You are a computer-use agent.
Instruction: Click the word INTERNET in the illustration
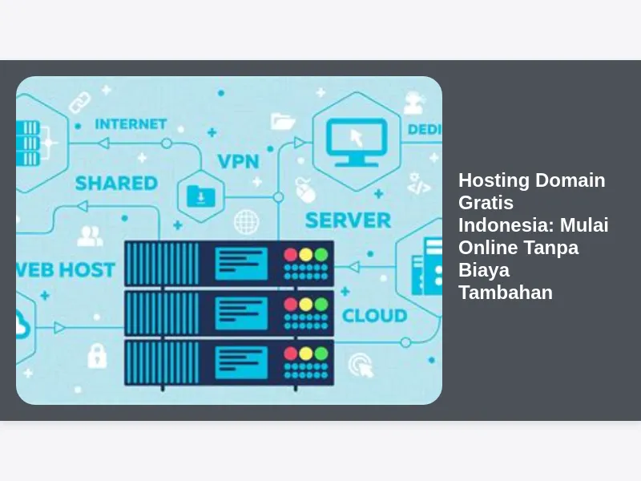tap(131, 124)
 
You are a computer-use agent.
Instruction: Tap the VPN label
tap(239, 161)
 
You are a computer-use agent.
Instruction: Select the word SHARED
tap(116, 184)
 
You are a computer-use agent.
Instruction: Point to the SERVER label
tap(348, 220)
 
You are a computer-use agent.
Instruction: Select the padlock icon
tap(97, 354)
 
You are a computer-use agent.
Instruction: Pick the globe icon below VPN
tap(246, 221)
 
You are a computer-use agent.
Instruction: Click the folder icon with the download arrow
tap(198, 195)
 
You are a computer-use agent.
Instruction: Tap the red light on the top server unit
tap(290, 255)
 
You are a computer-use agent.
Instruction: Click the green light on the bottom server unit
tap(320, 353)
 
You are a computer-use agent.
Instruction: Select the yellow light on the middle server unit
tap(305, 304)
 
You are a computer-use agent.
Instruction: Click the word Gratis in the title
tap(486, 202)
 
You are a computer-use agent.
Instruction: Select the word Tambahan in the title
tap(506, 292)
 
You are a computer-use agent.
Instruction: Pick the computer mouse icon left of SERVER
tap(303, 189)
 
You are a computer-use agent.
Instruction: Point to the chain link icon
tap(79, 102)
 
